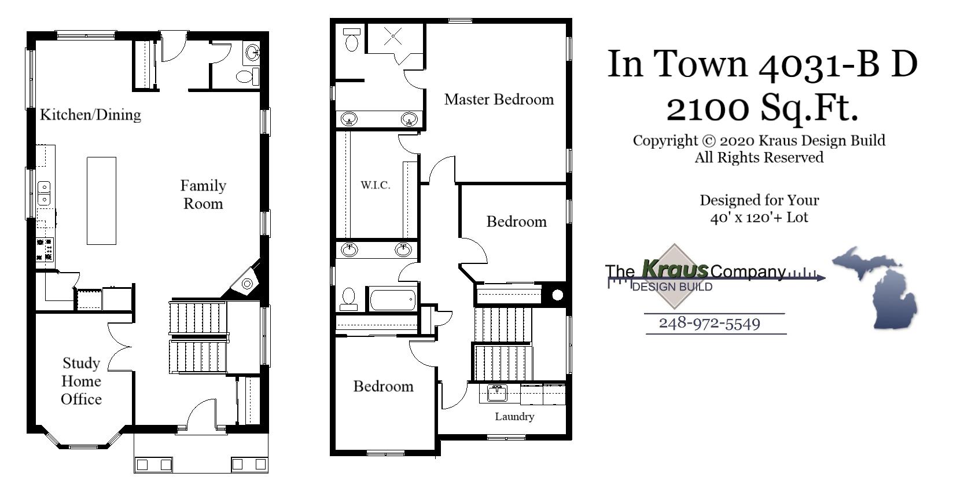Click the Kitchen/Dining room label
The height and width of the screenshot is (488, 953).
tap(90, 115)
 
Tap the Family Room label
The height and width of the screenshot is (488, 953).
tap(203, 195)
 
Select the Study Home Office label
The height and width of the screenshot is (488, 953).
tap(81, 381)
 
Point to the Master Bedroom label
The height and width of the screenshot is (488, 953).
tap(499, 100)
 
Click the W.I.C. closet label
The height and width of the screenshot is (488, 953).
tap(376, 185)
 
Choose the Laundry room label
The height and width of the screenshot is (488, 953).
tap(514, 416)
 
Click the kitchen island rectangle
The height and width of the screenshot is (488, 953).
tap(101, 201)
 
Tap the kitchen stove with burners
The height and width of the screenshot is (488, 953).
tap(45, 249)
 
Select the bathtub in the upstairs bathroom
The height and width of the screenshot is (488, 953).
tap(393, 299)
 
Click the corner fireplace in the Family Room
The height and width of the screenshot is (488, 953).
tap(247, 283)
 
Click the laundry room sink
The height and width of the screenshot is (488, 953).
tap(496, 393)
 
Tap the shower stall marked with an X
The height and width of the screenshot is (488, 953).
tap(393, 37)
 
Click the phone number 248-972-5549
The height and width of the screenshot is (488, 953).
tap(709, 323)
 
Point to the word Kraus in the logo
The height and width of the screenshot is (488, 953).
tap(675, 269)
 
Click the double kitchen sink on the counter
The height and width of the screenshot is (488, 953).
tap(44, 193)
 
